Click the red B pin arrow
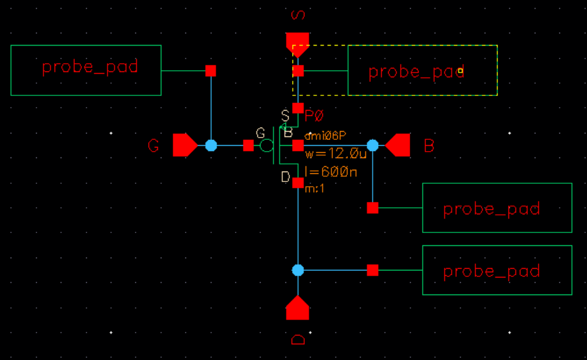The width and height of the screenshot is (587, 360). point(398,145)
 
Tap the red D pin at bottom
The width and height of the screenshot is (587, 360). point(297,308)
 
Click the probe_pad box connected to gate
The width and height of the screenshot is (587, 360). point(86,70)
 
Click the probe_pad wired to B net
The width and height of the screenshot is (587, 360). point(497,208)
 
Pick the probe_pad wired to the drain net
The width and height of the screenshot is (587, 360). point(497,270)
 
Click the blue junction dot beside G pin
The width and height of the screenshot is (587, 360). point(211,145)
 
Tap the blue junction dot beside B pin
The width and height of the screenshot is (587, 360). point(372,145)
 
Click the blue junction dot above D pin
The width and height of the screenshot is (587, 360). point(298,270)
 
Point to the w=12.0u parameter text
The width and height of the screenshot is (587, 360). point(336,155)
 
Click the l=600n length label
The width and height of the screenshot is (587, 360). point(331,172)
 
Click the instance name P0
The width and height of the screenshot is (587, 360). point(314,115)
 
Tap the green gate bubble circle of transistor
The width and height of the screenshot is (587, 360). point(266,145)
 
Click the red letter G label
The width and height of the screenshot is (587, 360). point(153,146)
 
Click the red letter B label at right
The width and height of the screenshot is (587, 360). point(429,146)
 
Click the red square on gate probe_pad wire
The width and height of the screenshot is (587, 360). point(211,71)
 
